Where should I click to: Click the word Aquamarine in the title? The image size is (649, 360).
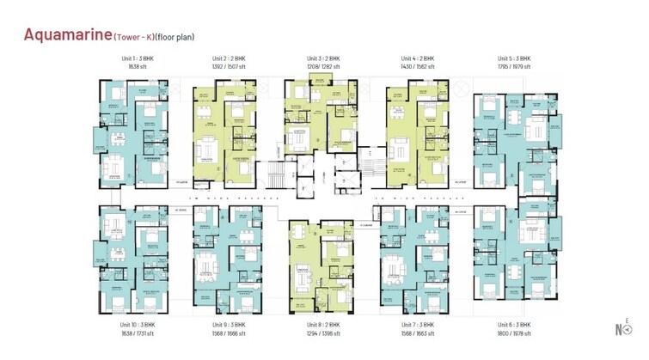pos(67,35)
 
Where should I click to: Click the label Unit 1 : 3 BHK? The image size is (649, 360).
pos(138,58)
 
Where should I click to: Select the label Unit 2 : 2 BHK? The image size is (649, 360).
pos(230,58)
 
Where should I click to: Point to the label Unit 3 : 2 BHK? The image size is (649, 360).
pos(324,58)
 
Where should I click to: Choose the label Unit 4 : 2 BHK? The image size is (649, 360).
pos(418,58)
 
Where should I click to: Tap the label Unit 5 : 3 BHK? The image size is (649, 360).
pos(514,58)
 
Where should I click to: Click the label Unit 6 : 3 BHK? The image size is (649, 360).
pos(514,326)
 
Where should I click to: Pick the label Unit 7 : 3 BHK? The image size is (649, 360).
pos(419,326)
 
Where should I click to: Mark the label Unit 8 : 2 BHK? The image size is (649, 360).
pos(324,326)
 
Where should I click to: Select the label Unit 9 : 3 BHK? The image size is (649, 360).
pos(230,326)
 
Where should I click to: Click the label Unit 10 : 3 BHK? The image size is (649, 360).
pos(138,326)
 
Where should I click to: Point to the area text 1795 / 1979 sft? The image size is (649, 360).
pos(514,66)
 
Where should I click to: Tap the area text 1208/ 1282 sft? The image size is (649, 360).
pos(324,66)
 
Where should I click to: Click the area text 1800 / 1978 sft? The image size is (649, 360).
pos(514,334)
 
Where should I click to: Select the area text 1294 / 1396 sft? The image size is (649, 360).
pos(324,334)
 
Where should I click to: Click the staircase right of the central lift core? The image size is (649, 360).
pos(371,168)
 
